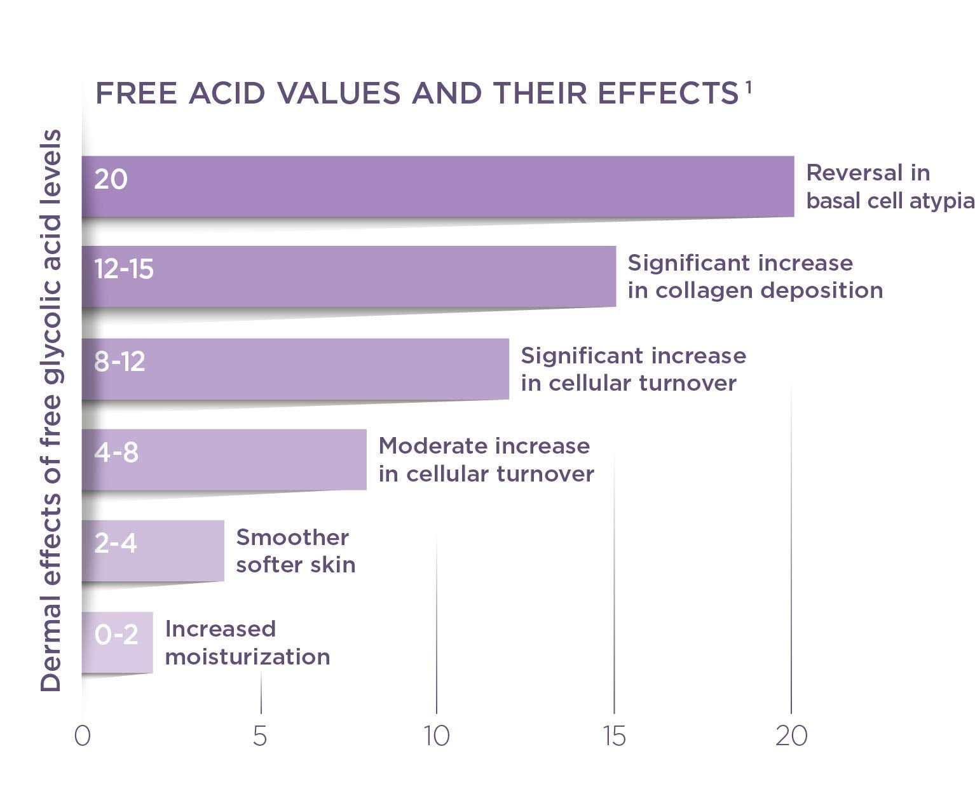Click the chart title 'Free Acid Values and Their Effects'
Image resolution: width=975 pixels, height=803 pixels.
pos(416,93)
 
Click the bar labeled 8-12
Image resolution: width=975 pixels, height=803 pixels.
pos(295,369)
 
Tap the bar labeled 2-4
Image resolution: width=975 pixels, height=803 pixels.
pos(153,550)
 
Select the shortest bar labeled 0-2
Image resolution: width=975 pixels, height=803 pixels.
pos(117,642)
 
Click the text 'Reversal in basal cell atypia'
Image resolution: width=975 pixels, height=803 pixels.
pos(889,187)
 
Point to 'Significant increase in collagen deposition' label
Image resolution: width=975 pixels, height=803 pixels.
pos(755,276)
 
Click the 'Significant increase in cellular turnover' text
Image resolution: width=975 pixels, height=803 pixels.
pos(633,369)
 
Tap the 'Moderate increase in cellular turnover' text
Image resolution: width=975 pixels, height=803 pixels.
pos(486,459)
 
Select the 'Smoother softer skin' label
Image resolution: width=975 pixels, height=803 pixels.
pos(296,551)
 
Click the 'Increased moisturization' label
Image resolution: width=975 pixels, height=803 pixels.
pos(247,642)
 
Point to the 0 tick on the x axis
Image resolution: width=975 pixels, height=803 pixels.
pos(82,736)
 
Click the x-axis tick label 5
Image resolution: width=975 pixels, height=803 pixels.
pos(260,736)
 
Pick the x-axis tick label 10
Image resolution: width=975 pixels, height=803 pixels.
pos(437,736)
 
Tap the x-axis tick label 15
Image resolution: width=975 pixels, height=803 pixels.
pos(614,736)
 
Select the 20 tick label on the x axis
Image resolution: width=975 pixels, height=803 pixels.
pos(791,736)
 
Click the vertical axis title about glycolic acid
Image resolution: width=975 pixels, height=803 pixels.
pos(51,410)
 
